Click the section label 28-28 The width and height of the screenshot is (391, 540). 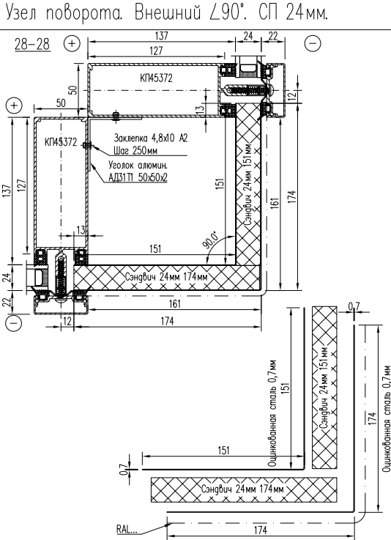coord(32,44)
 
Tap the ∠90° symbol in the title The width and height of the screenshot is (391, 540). coord(227,13)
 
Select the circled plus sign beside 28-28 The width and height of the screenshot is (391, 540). coord(72,43)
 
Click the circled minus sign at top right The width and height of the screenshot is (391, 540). coord(313,43)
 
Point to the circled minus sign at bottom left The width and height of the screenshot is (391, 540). coord(14,323)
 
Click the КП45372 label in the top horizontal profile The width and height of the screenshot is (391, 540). coord(156,78)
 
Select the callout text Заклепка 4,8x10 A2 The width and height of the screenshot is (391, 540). coord(151,138)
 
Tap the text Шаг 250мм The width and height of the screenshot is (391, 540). coord(135,151)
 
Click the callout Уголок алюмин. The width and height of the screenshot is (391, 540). coord(138,165)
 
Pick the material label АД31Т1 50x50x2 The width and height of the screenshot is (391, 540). coord(138,177)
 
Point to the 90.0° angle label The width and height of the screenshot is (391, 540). coord(210,240)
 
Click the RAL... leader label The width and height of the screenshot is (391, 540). coord(127,529)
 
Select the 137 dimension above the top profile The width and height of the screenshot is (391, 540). coord(161,36)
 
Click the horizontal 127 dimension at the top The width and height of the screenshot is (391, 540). coord(156,51)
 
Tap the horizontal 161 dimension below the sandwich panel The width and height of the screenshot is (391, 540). coord(175,304)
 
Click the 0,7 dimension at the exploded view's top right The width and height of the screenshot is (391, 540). coord(354,306)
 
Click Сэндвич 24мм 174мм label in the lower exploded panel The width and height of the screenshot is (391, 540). coord(243,489)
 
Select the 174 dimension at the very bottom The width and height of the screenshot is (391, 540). coord(260,530)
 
